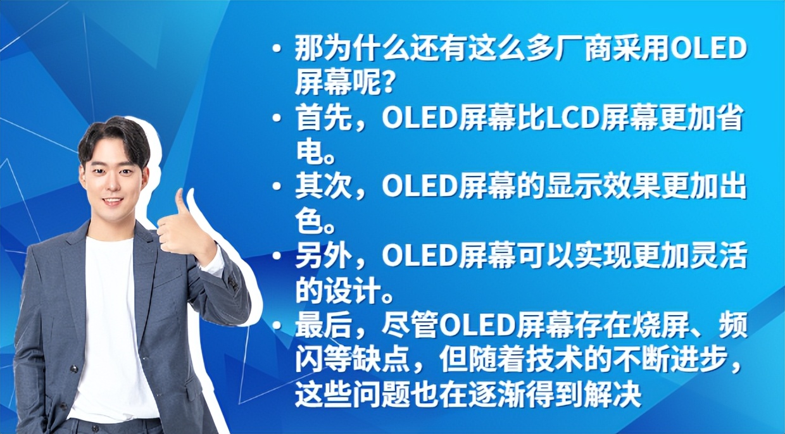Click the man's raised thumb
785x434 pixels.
[182, 201]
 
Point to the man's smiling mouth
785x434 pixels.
[113, 202]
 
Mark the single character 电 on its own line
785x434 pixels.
[306, 153]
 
